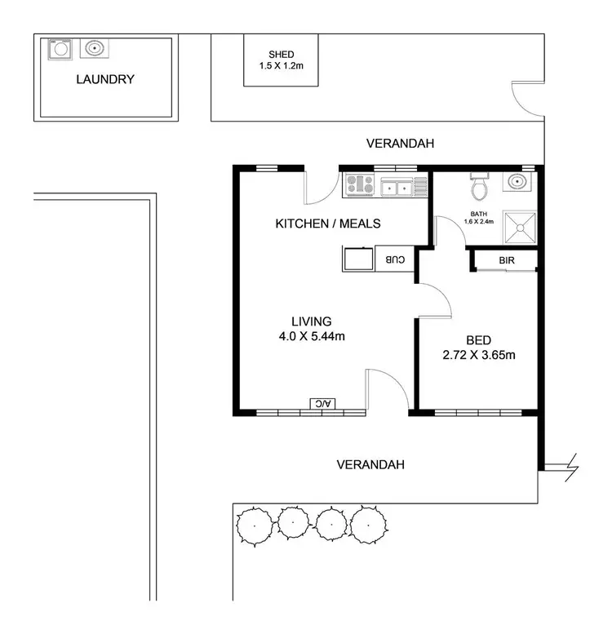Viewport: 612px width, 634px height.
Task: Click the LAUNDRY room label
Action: pos(104,79)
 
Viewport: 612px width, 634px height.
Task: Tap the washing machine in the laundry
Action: pos(59,50)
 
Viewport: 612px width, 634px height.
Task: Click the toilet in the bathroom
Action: pos(480,188)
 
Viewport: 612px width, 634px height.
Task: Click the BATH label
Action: pos(479,213)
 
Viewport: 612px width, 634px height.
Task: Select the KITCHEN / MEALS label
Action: pos(328,224)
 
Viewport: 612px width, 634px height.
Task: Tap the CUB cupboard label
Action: pos(394,259)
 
